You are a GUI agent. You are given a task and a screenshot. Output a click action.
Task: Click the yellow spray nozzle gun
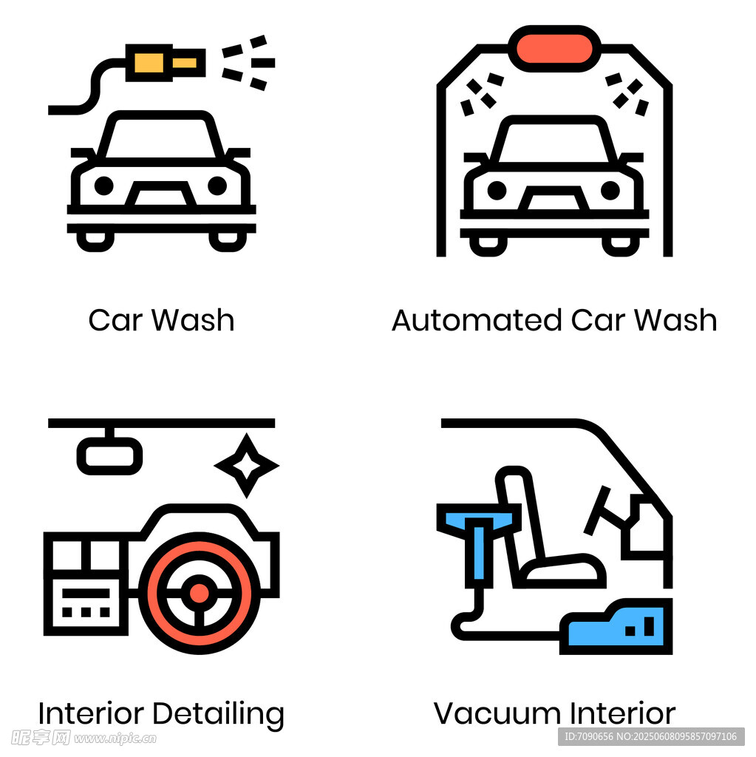point(165,63)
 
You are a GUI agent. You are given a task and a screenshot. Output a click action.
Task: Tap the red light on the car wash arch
point(554,48)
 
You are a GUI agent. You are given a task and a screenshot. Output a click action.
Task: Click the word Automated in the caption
point(477,320)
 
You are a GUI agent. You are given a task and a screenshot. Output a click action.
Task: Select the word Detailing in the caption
point(219,716)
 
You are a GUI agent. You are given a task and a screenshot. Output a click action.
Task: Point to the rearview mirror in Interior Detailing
point(109,455)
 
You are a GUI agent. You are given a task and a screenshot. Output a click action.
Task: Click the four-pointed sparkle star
point(247,466)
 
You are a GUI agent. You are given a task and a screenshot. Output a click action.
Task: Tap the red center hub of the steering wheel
point(199,594)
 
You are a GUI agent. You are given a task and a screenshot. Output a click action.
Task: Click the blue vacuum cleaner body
point(616,627)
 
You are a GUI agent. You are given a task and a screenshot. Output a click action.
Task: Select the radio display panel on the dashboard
point(86,602)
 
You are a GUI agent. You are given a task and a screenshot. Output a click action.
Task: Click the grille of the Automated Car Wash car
point(554,198)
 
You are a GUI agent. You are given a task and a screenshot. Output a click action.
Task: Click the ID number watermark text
point(651,737)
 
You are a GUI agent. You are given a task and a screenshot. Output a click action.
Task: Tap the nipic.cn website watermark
point(115,739)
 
